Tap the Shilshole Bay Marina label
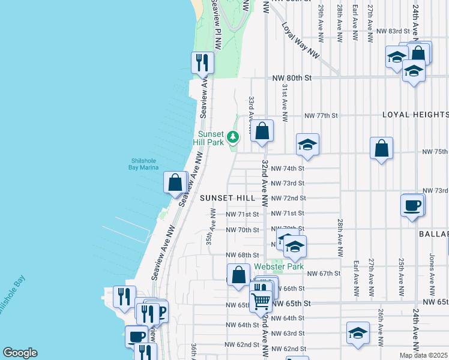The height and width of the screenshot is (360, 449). coord(145,164)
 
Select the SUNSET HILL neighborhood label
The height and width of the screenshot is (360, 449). coord(228,197)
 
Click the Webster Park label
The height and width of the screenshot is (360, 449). coord(279,266)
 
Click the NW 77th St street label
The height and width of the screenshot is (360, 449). coord(321,115)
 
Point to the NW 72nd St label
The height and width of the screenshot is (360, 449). coord(288,198)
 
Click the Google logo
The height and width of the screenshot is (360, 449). coord(20,353)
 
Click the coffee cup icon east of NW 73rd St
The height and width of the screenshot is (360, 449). coord(412,205)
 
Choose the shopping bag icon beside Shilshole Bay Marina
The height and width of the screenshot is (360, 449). coord(175,182)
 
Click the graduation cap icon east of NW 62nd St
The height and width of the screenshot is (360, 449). coord(358,333)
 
